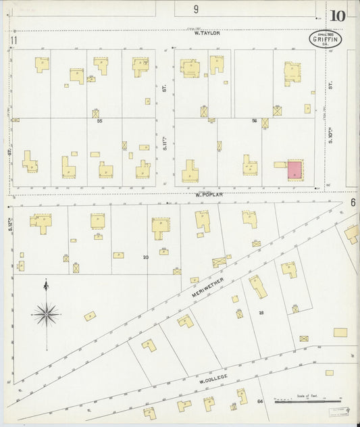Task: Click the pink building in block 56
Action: [x=295, y=169]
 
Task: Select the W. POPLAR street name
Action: [x=209, y=194]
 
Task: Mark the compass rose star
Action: [x=46, y=313]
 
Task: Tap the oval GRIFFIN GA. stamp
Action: [x=326, y=39]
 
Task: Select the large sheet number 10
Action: [x=338, y=16]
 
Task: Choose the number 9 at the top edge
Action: [x=196, y=9]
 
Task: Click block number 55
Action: [x=99, y=120]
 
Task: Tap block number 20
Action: [x=145, y=257]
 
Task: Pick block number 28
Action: [x=261, y=312]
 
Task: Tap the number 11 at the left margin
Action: [x=13, y=41]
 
